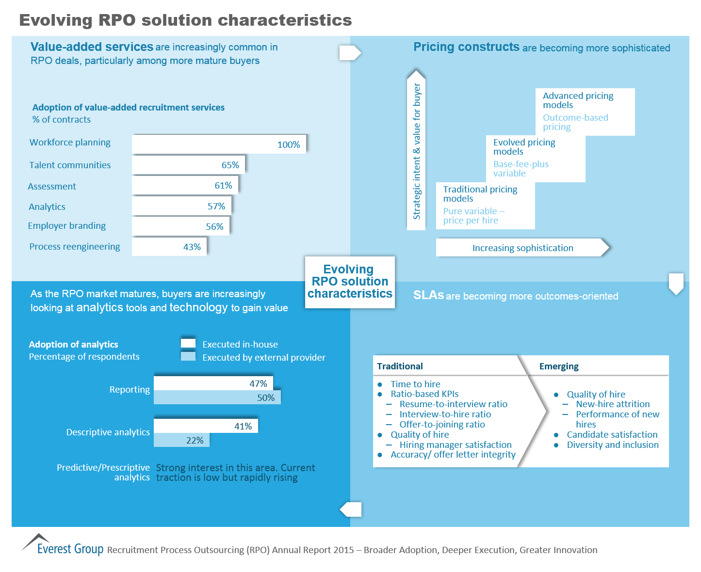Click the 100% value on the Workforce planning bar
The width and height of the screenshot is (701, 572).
point(289,144)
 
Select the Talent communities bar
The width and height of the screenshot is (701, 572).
point(188,165)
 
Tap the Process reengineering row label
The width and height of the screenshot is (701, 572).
point(75,246)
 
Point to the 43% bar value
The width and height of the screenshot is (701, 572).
point(192,247)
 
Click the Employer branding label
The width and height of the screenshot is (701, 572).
point(67,226)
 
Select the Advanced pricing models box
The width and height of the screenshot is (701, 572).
point(585,111)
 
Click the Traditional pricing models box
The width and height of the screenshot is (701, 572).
point(485,205)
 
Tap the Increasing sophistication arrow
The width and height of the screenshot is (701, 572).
point(522,248)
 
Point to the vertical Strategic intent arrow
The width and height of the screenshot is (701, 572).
point(416,150)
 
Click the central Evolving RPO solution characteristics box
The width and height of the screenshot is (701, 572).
point(350,282)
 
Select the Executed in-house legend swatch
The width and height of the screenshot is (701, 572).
point(188,344)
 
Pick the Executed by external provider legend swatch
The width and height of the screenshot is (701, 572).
point(188,357)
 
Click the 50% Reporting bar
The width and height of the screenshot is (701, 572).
point(217,397)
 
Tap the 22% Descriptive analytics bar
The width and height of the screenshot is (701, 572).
point(181,440)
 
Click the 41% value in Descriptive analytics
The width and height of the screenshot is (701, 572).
point(243,426)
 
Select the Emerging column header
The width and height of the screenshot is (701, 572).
point(559,366)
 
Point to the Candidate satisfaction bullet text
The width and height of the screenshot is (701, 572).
point(612,434)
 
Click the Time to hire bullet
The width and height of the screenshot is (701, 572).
point(415,384)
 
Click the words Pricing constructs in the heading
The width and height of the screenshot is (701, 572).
point(466,47)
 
